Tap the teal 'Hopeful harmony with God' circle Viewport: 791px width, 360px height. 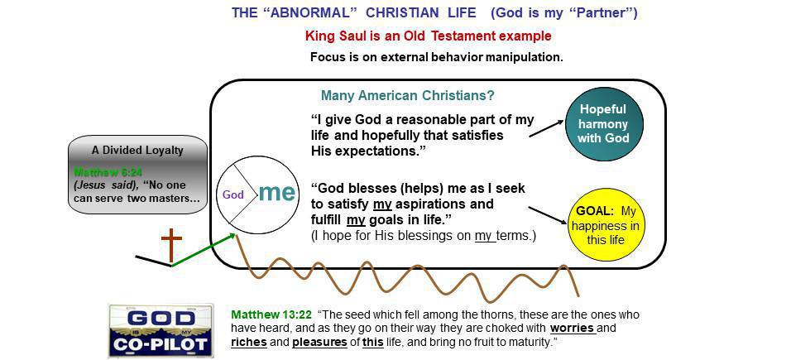pos(603,123)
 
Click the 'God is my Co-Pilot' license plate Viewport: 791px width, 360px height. pos(161,330)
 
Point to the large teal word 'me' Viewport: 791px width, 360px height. pos(276,193)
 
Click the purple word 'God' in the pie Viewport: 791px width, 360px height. pos(234,195)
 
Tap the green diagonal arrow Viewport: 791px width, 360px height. pos(204,249)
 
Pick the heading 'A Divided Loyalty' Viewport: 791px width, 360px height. pos(137,151)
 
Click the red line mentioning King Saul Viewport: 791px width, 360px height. pos(428,36)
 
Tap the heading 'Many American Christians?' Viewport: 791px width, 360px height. pos(408,95)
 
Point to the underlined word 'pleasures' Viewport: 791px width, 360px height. pos(319,341)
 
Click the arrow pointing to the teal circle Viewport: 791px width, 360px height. pos(546,127)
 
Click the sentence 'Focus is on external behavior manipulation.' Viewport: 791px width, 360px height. pos(436,57)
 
